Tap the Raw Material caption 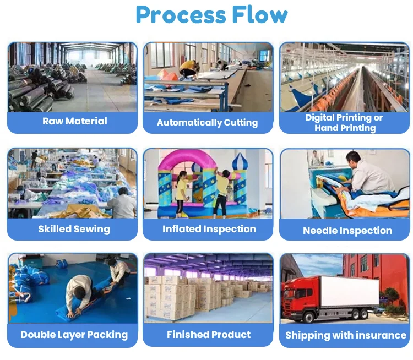point(75,121)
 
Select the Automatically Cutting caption point(207,122)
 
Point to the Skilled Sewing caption point(74,229)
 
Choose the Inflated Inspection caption point(209,229)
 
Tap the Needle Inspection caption point(347,231)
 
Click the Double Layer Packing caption point(74,335)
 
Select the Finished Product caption point(209,335)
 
